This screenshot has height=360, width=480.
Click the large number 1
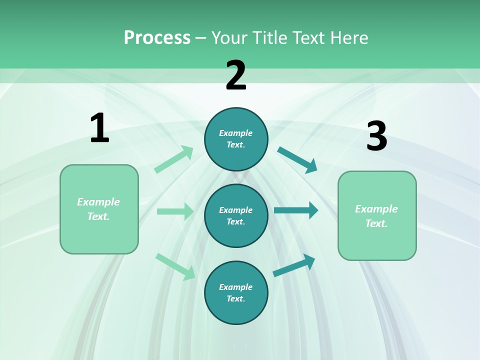click(x=99, y=128)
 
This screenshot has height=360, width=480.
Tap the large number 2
click(x=236, y=75)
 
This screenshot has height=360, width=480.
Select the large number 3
click(x=376, y=136)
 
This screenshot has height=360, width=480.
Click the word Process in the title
click(x=157, y=37)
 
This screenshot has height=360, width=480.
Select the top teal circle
click(x=236, y=139)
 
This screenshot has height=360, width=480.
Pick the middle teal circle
click(x=236, y=215)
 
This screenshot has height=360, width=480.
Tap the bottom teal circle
click(x=236, y=292)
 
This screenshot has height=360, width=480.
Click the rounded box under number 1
click(x=99, y=209)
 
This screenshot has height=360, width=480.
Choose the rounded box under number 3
click(x=377, y=216)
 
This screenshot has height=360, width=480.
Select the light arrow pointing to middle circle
click(x=175, y=211)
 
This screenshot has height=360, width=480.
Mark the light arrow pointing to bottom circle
click(x=175, y=266)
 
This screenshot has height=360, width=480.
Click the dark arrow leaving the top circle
click(x=297, y=160)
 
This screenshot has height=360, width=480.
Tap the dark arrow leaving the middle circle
click(x=296, y=210)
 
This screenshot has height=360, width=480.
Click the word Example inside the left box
click(x=98, y=202)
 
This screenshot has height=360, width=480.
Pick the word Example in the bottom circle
click(x=235, y=287)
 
